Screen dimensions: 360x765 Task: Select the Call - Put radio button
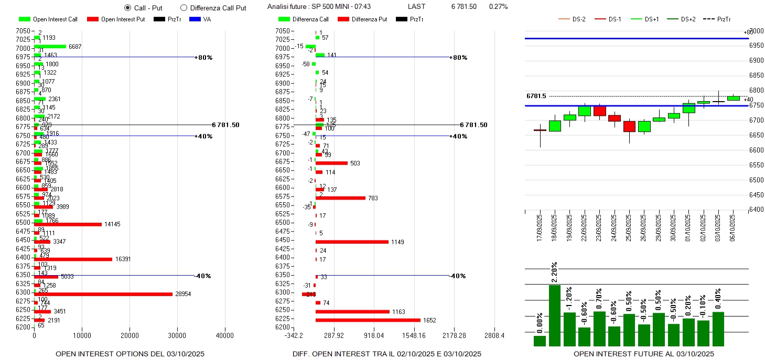[127, 8]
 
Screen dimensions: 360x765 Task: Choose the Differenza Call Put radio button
[184, 8]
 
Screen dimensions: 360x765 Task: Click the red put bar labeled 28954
[103, 294]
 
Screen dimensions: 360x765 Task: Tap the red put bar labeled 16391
[73, 259]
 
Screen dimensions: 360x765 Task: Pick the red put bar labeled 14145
[68, 224]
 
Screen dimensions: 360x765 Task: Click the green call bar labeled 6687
[50, 46]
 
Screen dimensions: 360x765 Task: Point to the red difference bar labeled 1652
[368, 320]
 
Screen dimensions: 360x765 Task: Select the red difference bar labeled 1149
[352, 242]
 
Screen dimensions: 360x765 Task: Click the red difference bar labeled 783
[340, 198]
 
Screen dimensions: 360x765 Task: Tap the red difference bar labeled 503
[331, 163]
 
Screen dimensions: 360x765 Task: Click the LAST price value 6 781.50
[464, 7]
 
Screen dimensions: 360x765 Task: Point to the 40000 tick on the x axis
[225, 335]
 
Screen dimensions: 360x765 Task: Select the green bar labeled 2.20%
[555, 315]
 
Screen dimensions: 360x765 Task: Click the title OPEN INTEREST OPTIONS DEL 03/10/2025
[130, 354]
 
